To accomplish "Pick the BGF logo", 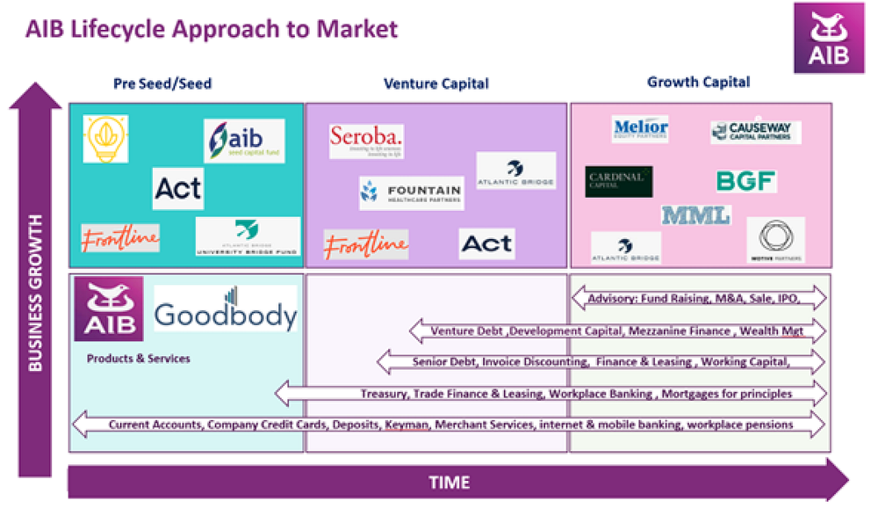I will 745,181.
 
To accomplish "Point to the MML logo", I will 695,214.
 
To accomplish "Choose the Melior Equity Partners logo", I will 641,129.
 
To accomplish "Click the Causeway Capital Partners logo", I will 755,132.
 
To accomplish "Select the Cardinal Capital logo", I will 619,180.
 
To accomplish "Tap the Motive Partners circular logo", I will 775,239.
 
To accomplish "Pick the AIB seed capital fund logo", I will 244,141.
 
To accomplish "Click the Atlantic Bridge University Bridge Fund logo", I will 248,236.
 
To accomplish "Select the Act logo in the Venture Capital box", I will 486,243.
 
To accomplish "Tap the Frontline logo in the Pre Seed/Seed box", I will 120,238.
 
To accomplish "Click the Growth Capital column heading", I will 698,82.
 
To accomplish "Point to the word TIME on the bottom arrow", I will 449,483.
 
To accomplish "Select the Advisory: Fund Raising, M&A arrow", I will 699,299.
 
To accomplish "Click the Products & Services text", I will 138,359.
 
